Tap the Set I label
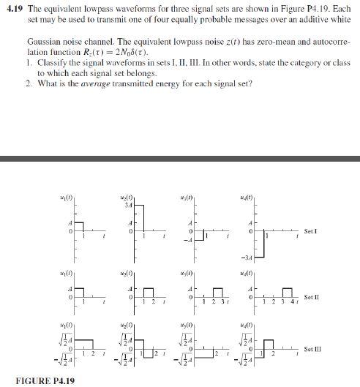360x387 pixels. (x=310, y=231)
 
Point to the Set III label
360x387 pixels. (x=312, y=349)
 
